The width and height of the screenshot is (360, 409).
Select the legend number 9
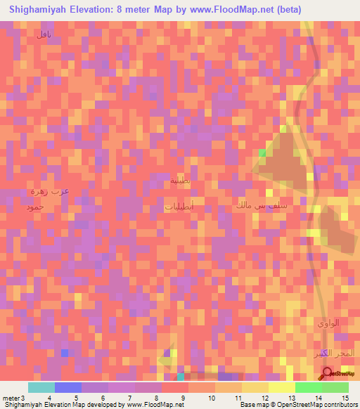click(x=184, y=397)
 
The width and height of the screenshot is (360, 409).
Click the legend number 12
click(x=264, y=397)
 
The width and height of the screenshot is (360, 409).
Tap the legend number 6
click(x=103, y=397)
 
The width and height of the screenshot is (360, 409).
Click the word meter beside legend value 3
click(x=12, y=397)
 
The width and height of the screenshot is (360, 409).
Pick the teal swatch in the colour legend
click(x=41, y=387)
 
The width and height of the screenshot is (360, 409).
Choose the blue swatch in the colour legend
click(x=68, y=387)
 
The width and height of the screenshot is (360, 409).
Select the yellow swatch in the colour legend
click(x=281, y=387)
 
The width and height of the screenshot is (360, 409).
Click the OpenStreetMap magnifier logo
click(x=328, y=373)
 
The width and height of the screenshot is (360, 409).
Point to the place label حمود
click(x=34, y=207)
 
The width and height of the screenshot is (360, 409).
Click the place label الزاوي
click(x=327, y=323)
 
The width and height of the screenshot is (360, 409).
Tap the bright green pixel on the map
click(x=262, y=152)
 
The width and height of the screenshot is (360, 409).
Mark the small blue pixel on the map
click(x=65, y=352)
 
